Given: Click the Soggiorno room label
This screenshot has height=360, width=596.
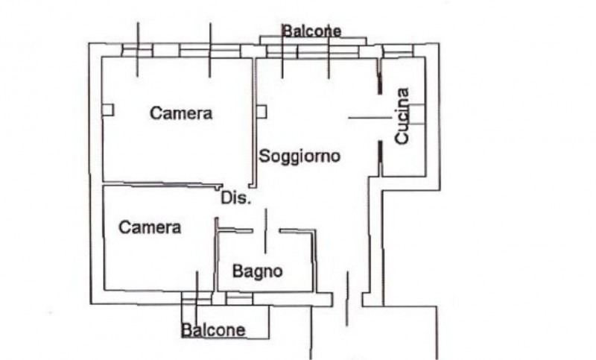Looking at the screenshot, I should click(299, 157).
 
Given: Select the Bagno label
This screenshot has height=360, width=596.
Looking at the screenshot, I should click(257, 271).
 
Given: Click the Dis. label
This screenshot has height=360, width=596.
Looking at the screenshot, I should click(236, 199).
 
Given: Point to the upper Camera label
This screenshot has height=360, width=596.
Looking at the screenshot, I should click(181, 113).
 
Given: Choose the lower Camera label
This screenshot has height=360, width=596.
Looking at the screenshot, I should click(150, 227).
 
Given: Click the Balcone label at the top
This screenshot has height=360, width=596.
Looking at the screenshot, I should click(311, 31).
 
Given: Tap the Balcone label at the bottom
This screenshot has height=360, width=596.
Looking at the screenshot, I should click(214, 330).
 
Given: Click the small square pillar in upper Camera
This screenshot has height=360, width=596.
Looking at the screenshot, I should click(108, 110).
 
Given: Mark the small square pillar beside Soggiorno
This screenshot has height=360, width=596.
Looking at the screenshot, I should click(261, 112).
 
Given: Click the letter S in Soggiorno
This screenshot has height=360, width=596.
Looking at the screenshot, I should click(264, 157).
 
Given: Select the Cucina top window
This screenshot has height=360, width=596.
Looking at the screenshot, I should click(397, 51).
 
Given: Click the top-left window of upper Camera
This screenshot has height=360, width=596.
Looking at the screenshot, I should click(137, 51).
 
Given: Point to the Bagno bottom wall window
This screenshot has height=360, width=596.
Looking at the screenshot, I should click(239, 299).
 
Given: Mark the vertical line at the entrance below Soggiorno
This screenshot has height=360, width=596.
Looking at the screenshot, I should click(347, 298).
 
